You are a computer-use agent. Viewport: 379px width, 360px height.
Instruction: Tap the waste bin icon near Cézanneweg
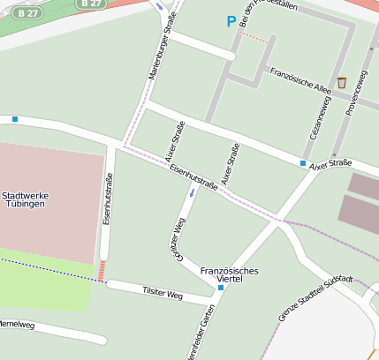pyautogui.click(x=341, y=82)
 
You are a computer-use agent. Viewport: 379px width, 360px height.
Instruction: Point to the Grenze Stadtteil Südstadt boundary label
pyautogui.click(x=315, y=300)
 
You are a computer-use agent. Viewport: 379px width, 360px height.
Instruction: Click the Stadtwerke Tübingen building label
pyautogui.click(x=24, y=199)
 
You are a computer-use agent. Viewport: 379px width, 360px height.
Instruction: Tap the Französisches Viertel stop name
pyautogui.click(x=230, y=275)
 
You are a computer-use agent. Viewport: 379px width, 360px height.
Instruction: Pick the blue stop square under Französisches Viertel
pyautogui.click(x=221, y=288)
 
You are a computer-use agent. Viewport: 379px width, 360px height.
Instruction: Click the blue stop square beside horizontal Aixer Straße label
pyautogui.click(x=303, y=163)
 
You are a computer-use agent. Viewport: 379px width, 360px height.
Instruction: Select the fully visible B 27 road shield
pyautogui.click(x=29, y=13)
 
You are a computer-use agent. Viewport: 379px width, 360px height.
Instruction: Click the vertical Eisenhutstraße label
pyautogui.click(x=108, y=202)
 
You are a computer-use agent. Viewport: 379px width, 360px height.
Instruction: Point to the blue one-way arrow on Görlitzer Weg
pyautogui.click(x=192, y=191)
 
